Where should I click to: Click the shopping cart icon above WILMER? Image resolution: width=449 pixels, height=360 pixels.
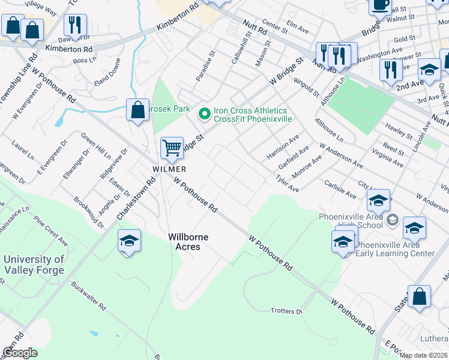pyautogui.click(x=172, y=147)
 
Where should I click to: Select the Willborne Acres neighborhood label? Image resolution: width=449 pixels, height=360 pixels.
pyautogui.click(x=188, y=242)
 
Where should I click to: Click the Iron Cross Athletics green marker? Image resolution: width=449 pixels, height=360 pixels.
pyautogui.click(x=204, y=112)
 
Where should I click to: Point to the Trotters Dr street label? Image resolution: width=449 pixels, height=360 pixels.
pyautogui.click(x=287, y=311)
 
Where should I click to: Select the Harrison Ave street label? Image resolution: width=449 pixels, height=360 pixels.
pyautogui.click(x=283, y=148)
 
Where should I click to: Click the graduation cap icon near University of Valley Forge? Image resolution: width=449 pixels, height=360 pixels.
pyautogui.click(x=129, y=241)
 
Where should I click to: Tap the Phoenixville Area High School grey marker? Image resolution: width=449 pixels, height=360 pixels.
pyautogui.click(x=393, y=220)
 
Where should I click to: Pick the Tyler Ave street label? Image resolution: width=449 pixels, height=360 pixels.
pyautogui.click(x=287, y=184)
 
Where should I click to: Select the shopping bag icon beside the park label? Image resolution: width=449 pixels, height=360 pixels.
pyautogui.click(x=138, y=110)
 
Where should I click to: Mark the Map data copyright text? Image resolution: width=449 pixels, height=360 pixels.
pyautogui.click(x=423, y=355)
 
